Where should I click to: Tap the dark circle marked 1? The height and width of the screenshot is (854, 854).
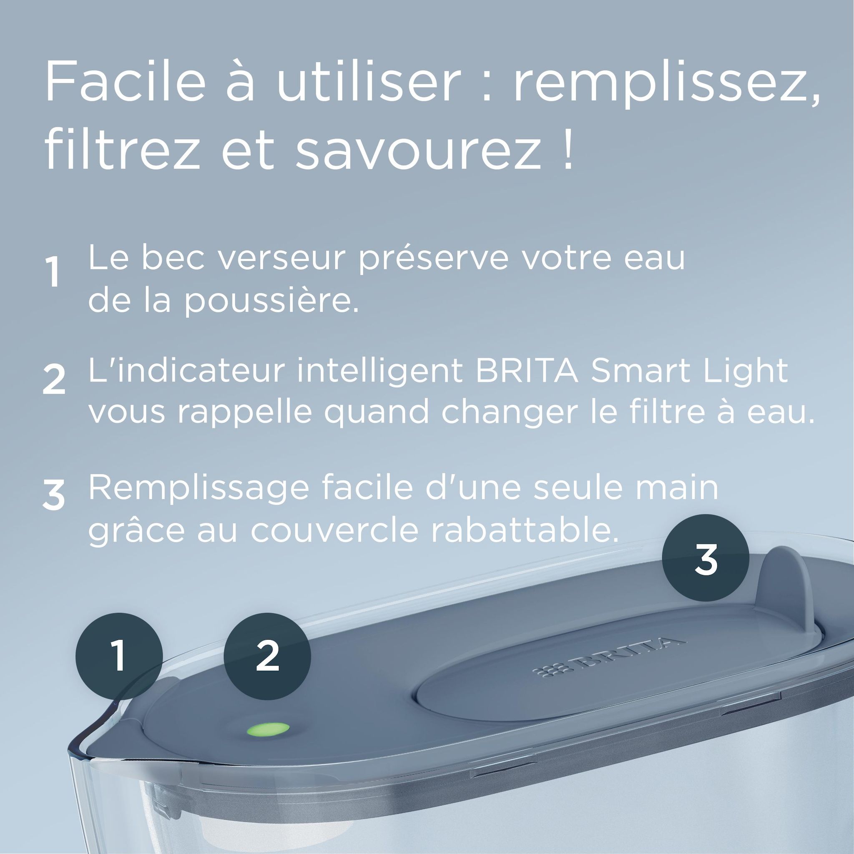coord(119,656)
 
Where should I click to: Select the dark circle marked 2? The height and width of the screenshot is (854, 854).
coord(267,656)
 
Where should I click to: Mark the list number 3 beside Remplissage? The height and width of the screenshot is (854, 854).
coord(54,496)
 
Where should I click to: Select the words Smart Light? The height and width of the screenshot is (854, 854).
coord(690,370)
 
